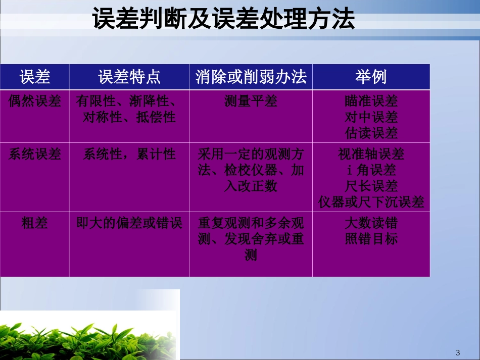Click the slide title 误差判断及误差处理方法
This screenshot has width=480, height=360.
coord(223,21)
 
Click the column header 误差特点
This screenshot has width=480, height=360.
coord(129,77)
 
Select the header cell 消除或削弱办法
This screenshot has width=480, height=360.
coord(251,77)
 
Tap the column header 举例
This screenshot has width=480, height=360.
coord(371,77)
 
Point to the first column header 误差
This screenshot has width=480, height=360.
coord(35,77)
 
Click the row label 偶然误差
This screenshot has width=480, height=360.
coord(35,101)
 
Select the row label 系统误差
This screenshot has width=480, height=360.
coord(35,154)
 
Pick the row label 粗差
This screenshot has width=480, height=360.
coord(35,223)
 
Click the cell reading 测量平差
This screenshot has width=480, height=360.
coord(251,101)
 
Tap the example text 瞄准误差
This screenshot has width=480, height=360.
coord(371,101)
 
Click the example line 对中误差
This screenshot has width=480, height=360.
coord(371,117)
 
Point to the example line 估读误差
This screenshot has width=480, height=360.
coord(371,133)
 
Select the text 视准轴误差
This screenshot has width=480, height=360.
coord(371,154)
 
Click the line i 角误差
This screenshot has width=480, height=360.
coord(371,170)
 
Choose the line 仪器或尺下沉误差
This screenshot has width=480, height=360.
coord(371,202)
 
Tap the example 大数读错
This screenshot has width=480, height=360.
coord(371,223)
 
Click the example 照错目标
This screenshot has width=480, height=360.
coord(371,239)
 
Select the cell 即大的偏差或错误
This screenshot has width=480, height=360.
coord(129,223)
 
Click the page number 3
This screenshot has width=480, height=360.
coord(458,352)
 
